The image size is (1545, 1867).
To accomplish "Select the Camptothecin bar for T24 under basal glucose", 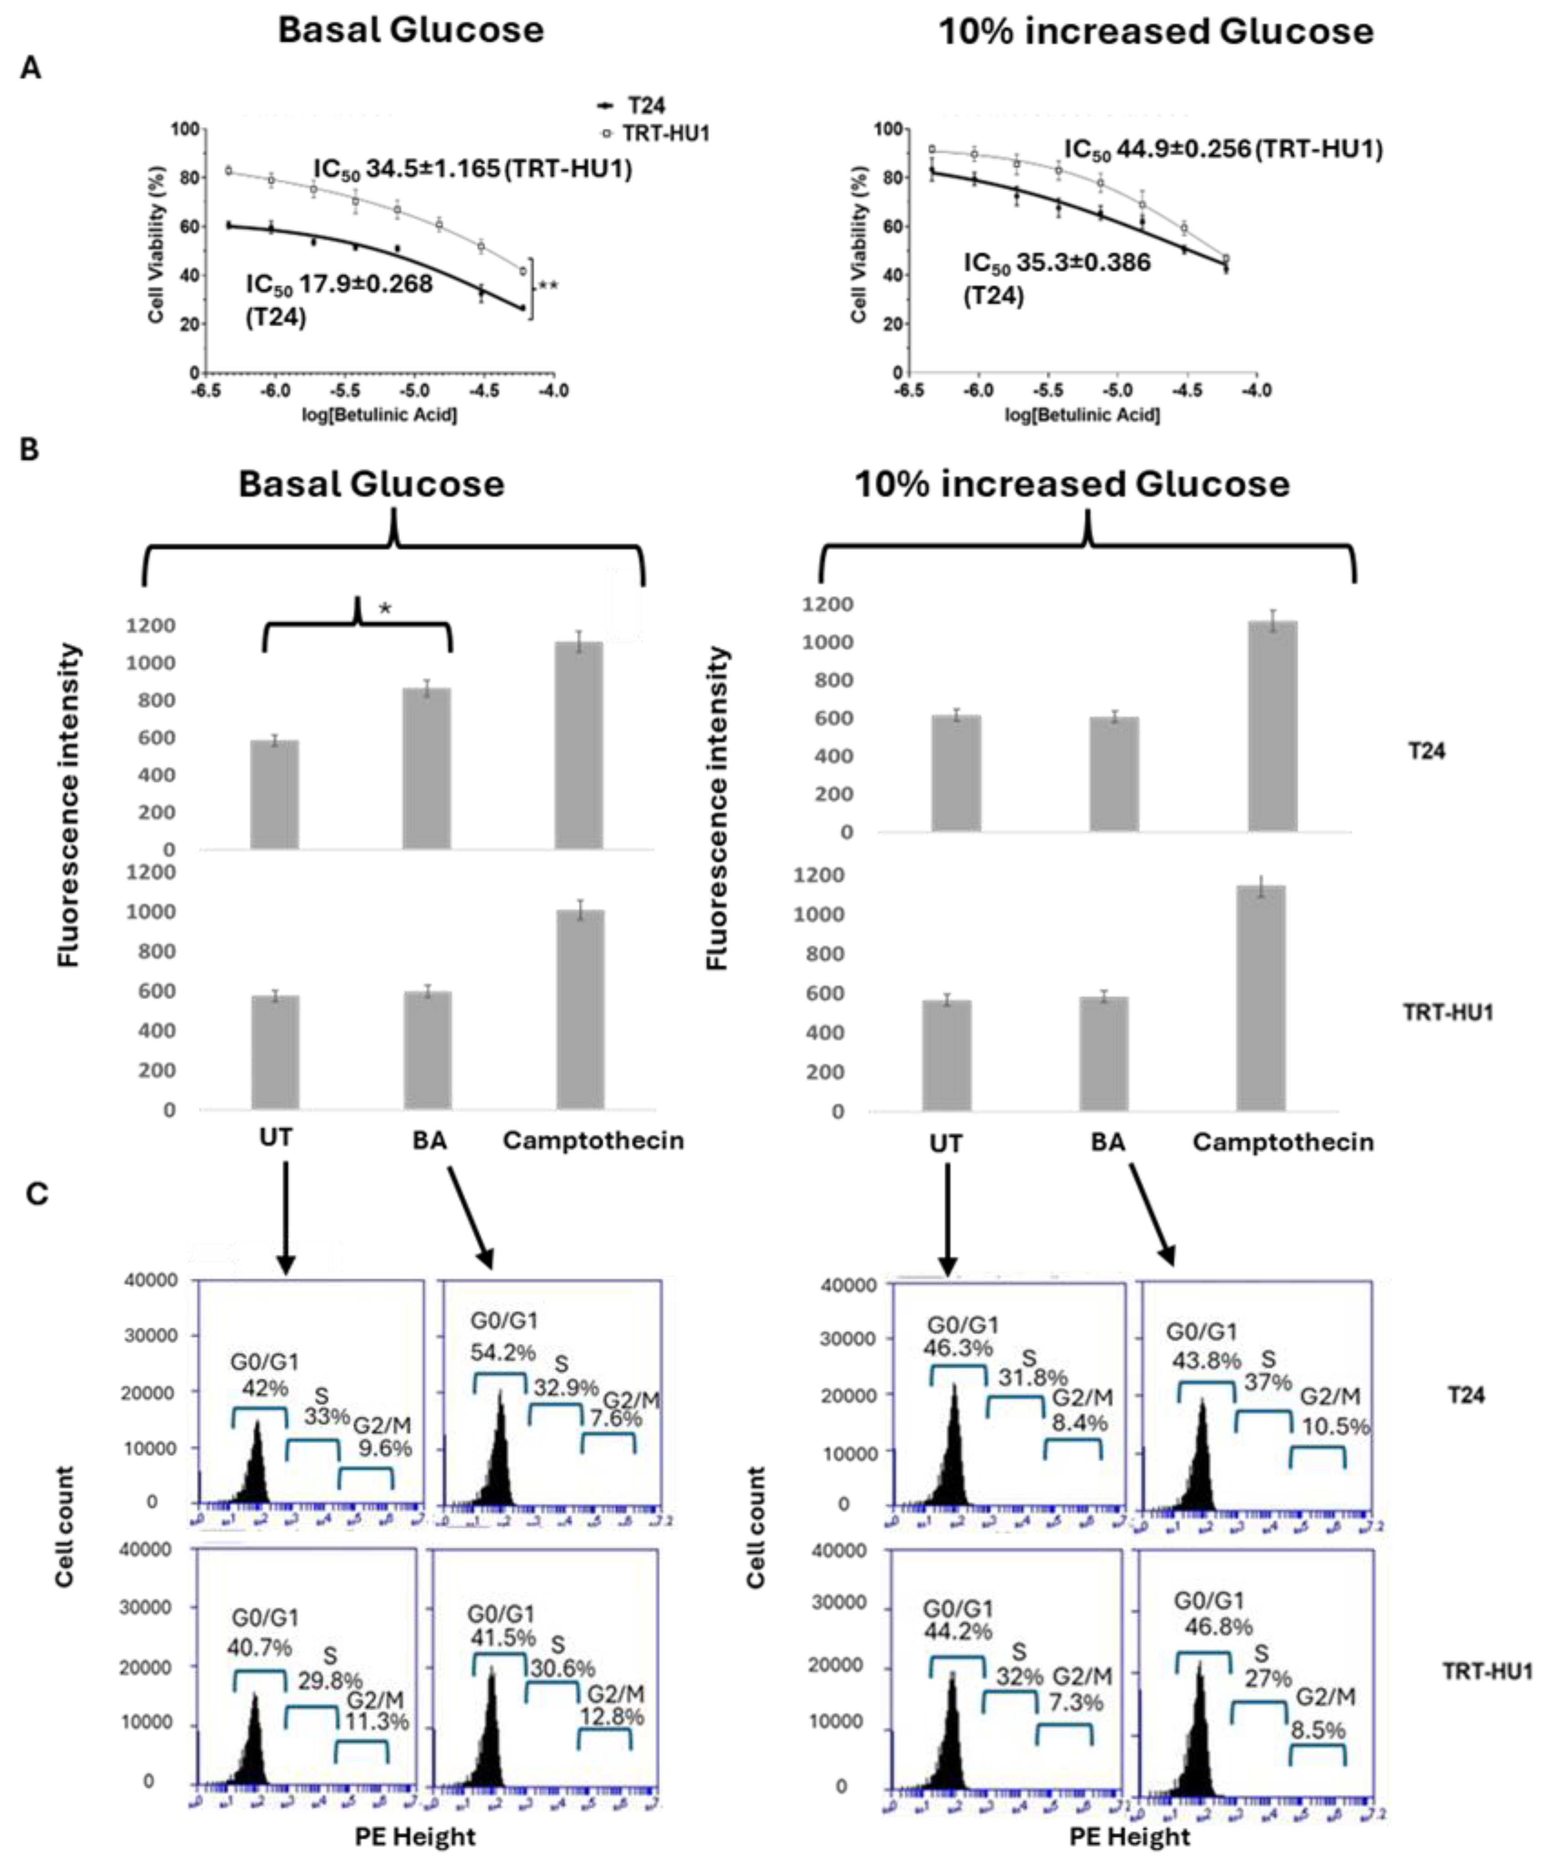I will [x=579, y=745].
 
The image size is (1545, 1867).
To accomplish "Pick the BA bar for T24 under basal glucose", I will [x=427, y=768].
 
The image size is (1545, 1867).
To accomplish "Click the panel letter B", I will [x=30, y=450].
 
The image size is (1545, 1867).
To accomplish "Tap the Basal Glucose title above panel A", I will [x=411, y=30].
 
